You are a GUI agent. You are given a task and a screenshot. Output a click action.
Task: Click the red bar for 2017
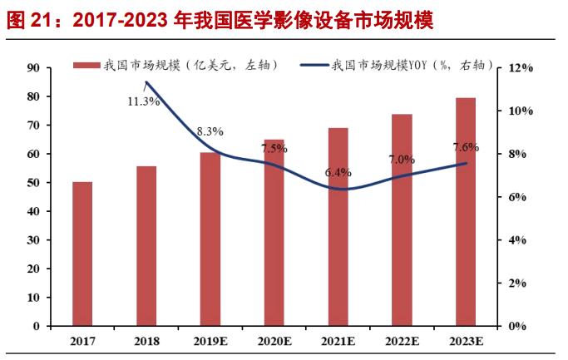[82, 254]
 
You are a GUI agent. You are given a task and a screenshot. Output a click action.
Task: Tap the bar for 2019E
[210, 239]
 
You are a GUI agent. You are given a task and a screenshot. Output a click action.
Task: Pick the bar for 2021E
[338, 227]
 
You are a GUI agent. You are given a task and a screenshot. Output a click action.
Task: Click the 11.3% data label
[143, 102]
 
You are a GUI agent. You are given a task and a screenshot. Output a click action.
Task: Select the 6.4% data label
[338, 173]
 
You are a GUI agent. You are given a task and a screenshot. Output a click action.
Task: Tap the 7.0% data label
[402, 159]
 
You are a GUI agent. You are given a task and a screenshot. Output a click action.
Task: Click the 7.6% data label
[466, 147]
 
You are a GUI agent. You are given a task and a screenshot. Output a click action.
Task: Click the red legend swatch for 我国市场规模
[85, 65]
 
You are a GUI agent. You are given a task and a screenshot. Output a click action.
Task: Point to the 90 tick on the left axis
[35, 68]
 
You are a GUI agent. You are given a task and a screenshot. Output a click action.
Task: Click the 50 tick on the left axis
[35, 183]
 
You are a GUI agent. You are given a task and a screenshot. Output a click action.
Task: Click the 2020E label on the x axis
[274, 341]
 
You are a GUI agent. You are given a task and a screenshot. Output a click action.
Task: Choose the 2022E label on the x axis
[402, 341]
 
